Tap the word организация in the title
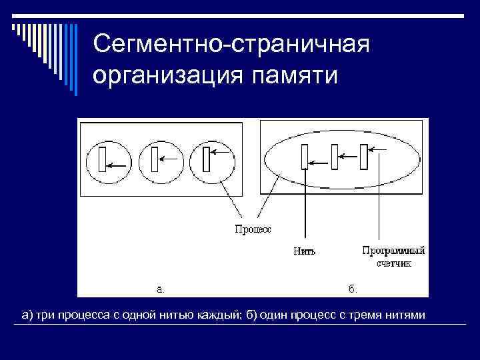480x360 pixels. [168, 75]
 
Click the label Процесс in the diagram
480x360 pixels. [253, 230]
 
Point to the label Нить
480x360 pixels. [304, 252]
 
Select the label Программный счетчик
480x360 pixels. [393, 257]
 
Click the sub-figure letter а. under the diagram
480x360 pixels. [160, 289]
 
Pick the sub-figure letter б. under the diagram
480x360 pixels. [353, 289]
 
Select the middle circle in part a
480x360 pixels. [161, 161]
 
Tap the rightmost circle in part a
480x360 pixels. [212, 161]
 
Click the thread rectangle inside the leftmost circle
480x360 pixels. [102, 160]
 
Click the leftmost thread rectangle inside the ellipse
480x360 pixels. [303, 159]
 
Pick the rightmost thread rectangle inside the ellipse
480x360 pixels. [364, 159]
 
